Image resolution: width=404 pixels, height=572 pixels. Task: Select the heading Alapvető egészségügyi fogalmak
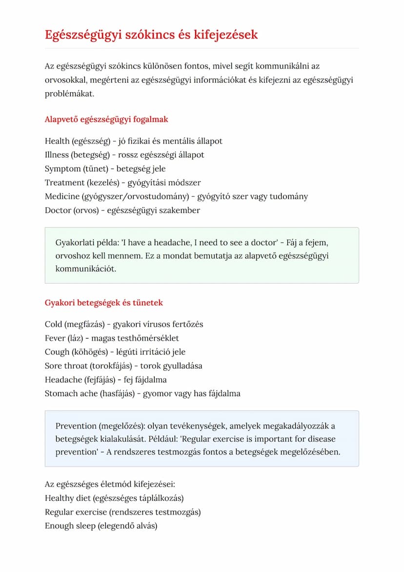pyautogui.click(x=106, y=119)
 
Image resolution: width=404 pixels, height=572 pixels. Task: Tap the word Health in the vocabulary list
pyautogui.click(x=57, y=141)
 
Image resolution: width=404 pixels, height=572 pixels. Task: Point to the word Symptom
pyautogui.click(x=63, y=169)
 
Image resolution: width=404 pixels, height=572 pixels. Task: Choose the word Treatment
pyautogui.click(x=65, y=183)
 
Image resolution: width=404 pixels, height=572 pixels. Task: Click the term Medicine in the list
pyautogui.click(x=62, y=196)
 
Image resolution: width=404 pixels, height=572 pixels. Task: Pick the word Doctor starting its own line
pyautogui.click(x=58, y=211)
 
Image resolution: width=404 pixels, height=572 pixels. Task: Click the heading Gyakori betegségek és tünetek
pyautogui.click(x=103, y=303)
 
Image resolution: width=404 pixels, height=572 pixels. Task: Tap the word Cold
pyautogui.click(x=54, y=324)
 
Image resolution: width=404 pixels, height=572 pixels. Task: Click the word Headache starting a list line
pyautogui.click(x=63, y=380)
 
